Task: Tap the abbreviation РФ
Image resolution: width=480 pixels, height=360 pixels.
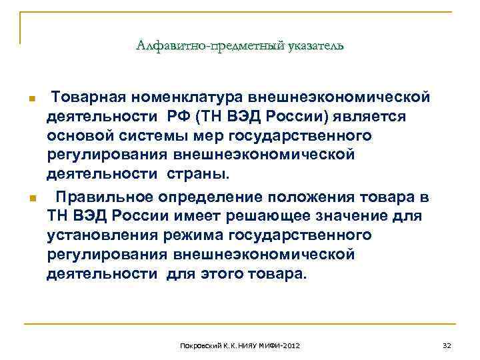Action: [179, 117]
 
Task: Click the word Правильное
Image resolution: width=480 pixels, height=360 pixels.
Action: [105, 197]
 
